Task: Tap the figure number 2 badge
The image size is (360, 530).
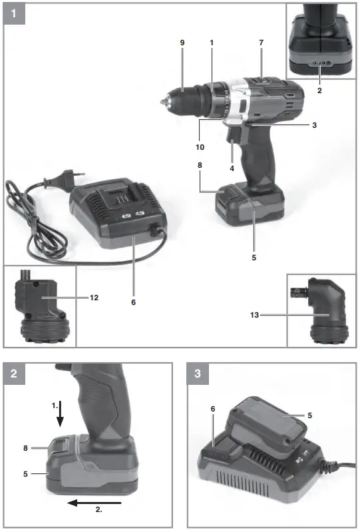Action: click(14, 375)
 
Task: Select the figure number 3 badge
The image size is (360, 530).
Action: click(198, 375)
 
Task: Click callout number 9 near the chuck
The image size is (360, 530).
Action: click(182, 43)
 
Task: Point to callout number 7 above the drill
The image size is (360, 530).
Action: click(262, 43)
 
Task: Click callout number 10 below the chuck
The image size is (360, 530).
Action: click(200, 146)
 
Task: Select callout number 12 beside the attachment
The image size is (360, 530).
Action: click(94, 298)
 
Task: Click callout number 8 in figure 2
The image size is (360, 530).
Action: click(25, 449)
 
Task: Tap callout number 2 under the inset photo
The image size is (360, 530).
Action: click(319, 89)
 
